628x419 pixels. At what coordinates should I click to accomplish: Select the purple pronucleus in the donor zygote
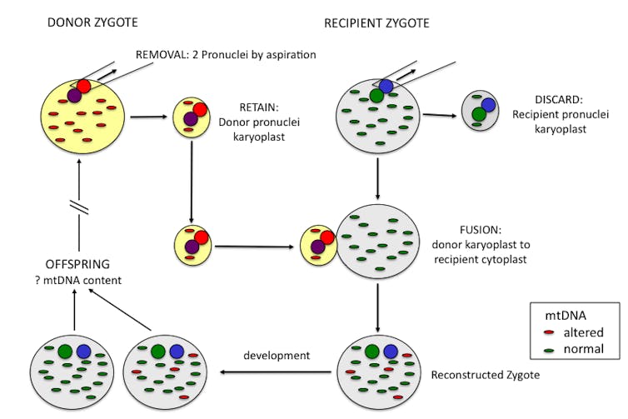click(x=74, y=97)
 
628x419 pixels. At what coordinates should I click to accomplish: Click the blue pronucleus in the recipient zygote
click(x=385, y=86)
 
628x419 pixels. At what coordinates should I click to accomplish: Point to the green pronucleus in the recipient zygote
click(x=376, y=97)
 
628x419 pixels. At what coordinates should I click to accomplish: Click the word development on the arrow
click(x=276, y=356)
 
